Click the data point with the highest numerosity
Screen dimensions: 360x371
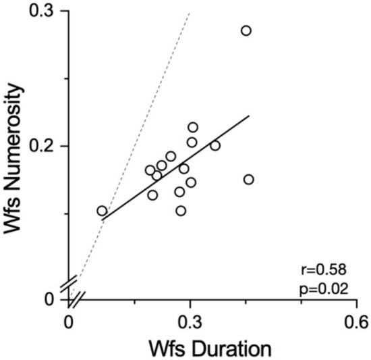[x=246, y=30]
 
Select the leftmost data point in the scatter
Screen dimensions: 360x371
[x=102, y=211]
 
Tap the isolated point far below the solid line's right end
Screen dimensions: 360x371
[x=248, y=179]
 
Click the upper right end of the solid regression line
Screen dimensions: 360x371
[x=250, y=115]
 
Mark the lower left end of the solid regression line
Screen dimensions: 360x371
[x=101, y=220]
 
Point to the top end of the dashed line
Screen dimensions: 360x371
[x=190, y=12]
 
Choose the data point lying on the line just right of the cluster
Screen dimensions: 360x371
[x=215, y=145]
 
